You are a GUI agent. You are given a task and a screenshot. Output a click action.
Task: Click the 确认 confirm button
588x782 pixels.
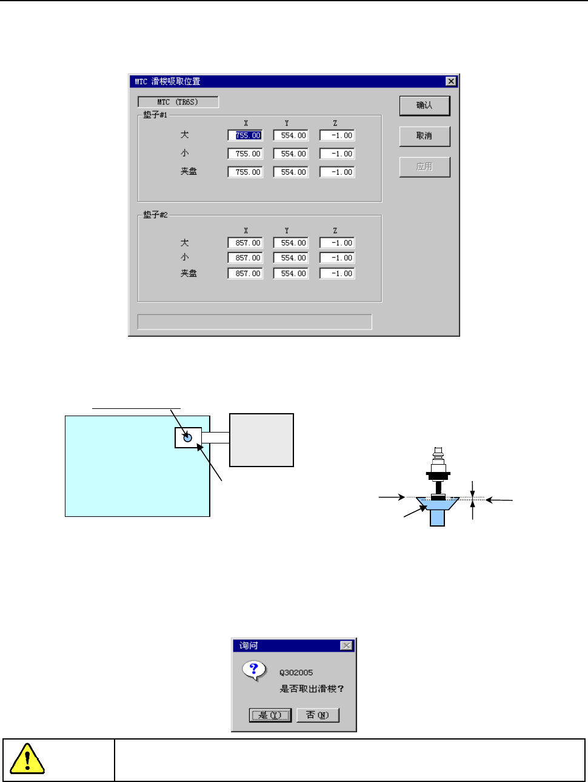tap(424, 106)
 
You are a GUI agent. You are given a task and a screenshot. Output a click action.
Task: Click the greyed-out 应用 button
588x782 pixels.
tap(424, 167)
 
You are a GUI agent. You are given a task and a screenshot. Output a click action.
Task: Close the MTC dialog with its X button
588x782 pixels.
tap(450, 81)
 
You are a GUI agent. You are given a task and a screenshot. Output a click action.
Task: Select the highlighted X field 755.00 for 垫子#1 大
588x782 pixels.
tap(246, 136)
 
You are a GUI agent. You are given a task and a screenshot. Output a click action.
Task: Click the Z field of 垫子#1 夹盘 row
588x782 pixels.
tap(337, 172)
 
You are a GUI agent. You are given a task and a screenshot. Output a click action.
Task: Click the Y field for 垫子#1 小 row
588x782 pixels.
tap(291, 154)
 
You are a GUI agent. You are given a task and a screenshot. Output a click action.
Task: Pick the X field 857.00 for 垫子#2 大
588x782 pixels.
tap(246, 243)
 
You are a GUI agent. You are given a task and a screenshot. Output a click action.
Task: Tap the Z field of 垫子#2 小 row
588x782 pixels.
tap(337, 258)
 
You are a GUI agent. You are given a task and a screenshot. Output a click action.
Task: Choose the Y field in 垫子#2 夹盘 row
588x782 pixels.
tap(291, 274)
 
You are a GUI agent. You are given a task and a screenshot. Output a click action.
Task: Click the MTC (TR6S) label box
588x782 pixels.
tap(178, 102)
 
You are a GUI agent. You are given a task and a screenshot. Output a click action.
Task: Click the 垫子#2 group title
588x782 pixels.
tap(155, 215)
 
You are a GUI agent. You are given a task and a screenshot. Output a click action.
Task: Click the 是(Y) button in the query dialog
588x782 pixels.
tap(270, 715)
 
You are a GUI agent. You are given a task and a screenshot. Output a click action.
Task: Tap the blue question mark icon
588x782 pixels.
tap(254, 670)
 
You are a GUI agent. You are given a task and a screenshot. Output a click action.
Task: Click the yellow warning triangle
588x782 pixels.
tap(27, 759)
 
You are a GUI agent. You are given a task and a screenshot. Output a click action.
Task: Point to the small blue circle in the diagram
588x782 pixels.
tap(187, 437)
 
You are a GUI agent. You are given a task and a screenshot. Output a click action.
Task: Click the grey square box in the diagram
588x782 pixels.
tap(261, 440)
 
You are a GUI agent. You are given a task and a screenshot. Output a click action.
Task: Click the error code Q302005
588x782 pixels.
tap(296, 673)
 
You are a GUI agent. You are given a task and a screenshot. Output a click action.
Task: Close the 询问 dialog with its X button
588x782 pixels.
tap(346, 645)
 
